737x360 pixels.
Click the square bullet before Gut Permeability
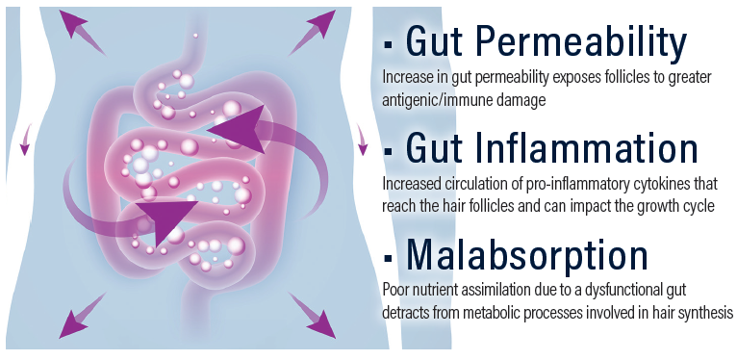click(x=389, y=45)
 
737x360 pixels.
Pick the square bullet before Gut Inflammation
click(x=389, y=151)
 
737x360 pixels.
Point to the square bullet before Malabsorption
click(x=389, y=257)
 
